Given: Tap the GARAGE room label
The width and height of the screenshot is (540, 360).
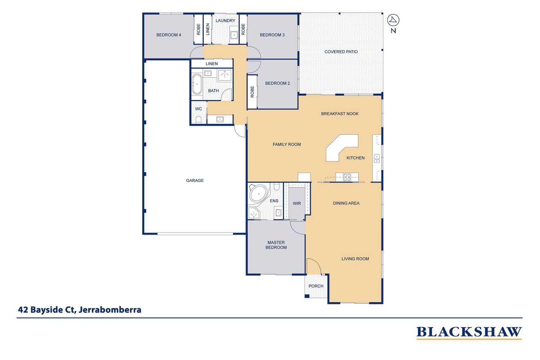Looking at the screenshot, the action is click(x=195, y=180).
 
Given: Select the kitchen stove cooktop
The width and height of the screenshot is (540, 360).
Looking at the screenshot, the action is click(x=347, y=177).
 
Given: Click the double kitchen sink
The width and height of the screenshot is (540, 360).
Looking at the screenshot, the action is click(x=377, y=158).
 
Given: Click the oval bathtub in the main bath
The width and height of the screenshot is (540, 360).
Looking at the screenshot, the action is click(x=197, y=84).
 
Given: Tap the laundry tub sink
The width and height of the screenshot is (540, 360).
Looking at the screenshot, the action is click(x=234, y=35).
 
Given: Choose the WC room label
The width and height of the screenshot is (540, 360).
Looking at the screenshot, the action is click(x=198, y=109).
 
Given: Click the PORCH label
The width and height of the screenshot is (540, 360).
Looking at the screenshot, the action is click(x=316, y=286).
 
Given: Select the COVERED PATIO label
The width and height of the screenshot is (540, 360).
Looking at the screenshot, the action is click(x=341, y=51).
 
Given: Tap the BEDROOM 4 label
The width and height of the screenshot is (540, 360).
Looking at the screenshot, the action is click(x=168, y=35).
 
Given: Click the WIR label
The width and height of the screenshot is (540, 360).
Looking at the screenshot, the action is click(x=297, y=203).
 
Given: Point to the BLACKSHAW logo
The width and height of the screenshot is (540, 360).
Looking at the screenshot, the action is click(x=469, y=333).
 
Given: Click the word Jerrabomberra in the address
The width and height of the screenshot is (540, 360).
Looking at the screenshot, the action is click(x=110, y=310).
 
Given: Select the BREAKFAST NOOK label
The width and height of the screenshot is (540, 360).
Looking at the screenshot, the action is click(x=340, y=114).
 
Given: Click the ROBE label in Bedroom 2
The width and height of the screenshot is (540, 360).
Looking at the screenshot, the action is click(x=252, y=92).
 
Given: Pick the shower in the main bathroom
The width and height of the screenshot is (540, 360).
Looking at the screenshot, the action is click(x=225, y=75).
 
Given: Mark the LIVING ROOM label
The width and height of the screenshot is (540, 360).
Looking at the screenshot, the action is click(x=355, y=259).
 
